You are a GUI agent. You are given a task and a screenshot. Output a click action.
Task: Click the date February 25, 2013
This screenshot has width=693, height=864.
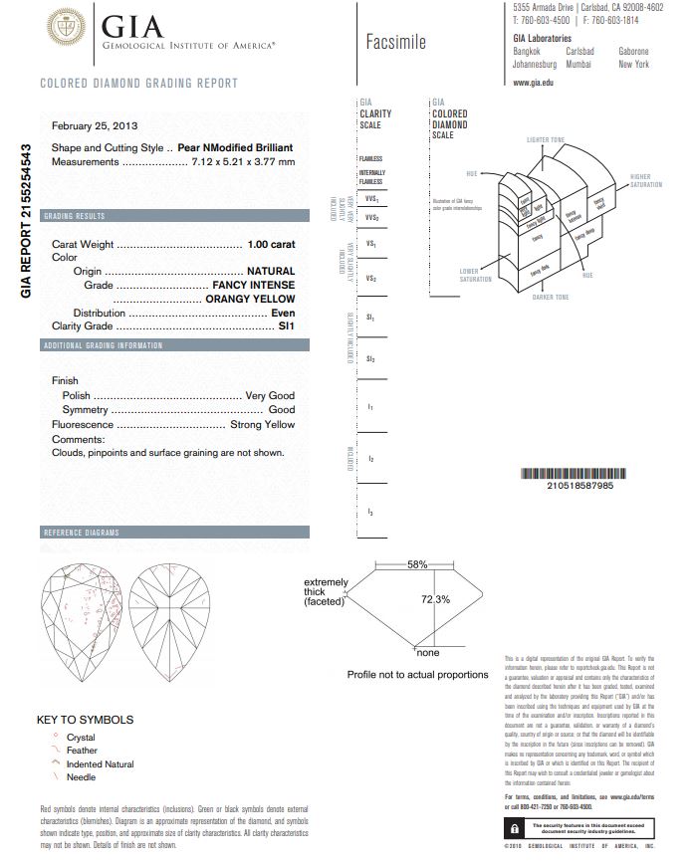pos(95,125)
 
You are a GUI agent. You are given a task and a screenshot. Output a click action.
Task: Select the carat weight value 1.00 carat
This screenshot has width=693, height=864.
pos(271,244)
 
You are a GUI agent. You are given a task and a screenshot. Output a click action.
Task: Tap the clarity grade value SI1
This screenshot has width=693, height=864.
pos(286,325)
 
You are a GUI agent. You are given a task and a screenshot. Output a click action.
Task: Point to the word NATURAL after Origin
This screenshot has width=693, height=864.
pos(271,271)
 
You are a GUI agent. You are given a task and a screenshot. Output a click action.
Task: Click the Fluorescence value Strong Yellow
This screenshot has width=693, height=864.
pos(263,424)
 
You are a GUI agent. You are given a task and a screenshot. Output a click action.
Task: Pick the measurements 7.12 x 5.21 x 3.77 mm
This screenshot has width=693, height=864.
pos(242,161)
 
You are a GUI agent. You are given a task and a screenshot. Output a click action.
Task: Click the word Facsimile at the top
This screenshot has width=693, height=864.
pos(395,42)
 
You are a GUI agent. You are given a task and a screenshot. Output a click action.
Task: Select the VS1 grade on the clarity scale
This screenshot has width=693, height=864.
pos(371,244)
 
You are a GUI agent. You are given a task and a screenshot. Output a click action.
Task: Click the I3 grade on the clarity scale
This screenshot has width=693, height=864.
pos(370,512)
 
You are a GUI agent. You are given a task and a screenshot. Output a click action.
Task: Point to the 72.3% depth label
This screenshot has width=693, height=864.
pos(436,599)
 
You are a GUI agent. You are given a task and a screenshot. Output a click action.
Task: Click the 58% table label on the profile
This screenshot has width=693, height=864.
pos(417,565)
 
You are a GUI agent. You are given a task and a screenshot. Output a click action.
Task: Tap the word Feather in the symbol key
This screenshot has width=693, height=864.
pos(82,751)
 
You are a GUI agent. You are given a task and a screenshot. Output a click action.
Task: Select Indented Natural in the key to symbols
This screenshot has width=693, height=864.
pos(100,764)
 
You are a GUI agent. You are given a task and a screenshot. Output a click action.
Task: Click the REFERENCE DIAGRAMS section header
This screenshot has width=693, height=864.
pos(80,533)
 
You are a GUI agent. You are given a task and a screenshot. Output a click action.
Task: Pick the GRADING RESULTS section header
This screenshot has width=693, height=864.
pos(74,216)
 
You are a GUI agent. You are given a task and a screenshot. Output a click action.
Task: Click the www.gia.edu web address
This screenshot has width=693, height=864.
pos(533,82)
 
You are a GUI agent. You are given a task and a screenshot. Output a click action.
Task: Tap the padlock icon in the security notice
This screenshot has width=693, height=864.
pos(514,828)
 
